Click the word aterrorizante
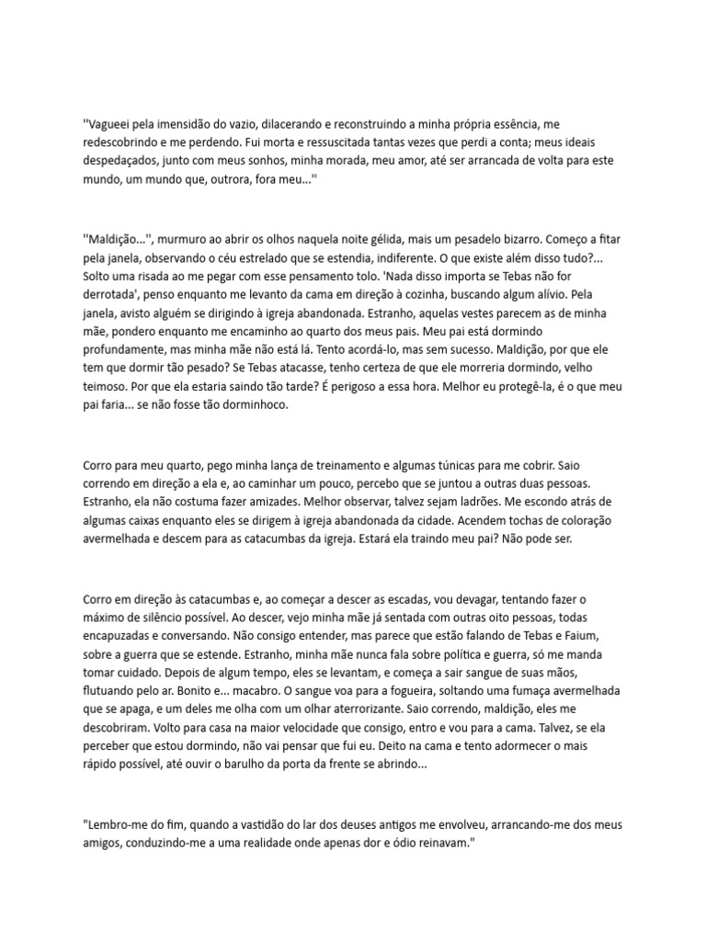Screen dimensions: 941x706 [x=453, y=711]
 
